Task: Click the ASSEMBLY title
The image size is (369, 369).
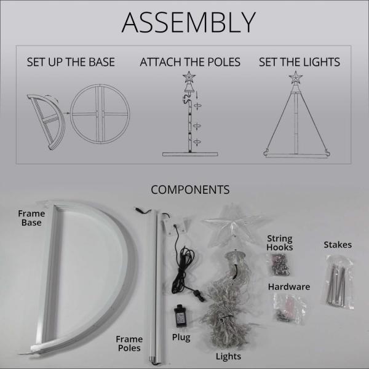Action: pyautogui.click(x=189, y=22)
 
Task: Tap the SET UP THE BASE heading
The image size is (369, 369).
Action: pyautogui.click(x=71, y=62)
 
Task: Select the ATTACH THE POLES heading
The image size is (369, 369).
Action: pyautogui.click(x=190, y=62)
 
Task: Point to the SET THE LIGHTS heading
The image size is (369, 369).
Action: pyautogui.click(x=300, y=62)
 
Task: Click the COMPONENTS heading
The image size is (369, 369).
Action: pyautogui.click(x=190, y=189)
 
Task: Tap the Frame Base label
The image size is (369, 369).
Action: pyautogui.click(x=31, y=218)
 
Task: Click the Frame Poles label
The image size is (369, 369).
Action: pyautogui.click(x=129, y=344)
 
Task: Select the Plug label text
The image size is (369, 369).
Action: pyautogui.click(x=181, y=337)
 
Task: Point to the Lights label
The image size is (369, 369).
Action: pyautogui.click(x=228, y=356)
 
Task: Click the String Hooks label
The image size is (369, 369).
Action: pyautogui.click(x=280, y=243)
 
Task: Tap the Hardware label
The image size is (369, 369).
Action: pyautogui.click(x=289, y=287)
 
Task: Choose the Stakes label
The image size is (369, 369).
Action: pyautogui.click(x=338, y=245)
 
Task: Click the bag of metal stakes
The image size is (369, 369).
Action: pyautogui.click(x=338, y=282)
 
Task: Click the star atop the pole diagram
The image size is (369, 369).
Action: pyautogui.click(x=189, y=77)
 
